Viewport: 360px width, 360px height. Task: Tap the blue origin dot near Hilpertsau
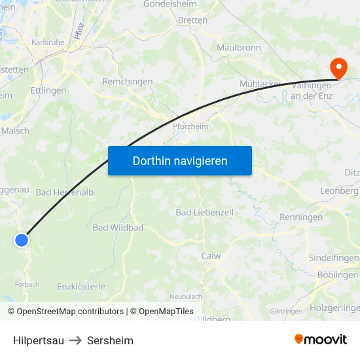point(22,240)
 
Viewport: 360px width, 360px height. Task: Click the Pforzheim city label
point(190,127)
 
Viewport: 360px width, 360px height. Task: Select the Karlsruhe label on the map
point(48,43)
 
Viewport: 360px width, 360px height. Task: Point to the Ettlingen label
point(48,91)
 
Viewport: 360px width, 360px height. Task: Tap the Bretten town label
point(192,20)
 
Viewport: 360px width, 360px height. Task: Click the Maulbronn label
point(239,48)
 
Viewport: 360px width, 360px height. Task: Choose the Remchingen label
point(128,82)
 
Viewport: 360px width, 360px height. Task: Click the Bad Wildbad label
point(118,228)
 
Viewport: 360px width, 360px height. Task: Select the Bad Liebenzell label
point(204,213)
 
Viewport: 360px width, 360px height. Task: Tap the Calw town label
point(211,256)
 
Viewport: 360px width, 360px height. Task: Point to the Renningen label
point(301,217)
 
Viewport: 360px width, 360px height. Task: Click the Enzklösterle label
point(81,287)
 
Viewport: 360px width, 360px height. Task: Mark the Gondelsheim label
point(193,3)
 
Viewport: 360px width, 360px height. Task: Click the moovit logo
point(321,339)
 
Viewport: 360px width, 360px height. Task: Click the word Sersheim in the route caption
point(110,340)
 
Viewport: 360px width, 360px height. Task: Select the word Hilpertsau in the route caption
point(39,340)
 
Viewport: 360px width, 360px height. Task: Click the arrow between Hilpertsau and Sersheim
point(75,340)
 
